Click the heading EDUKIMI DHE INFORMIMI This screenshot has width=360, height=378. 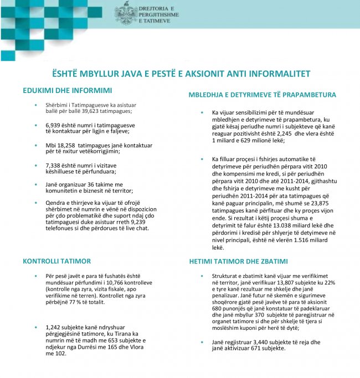coord(67,90)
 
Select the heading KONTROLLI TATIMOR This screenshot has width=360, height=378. coord(56,261)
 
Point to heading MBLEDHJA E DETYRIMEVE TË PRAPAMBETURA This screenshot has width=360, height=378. coord(262,95)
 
